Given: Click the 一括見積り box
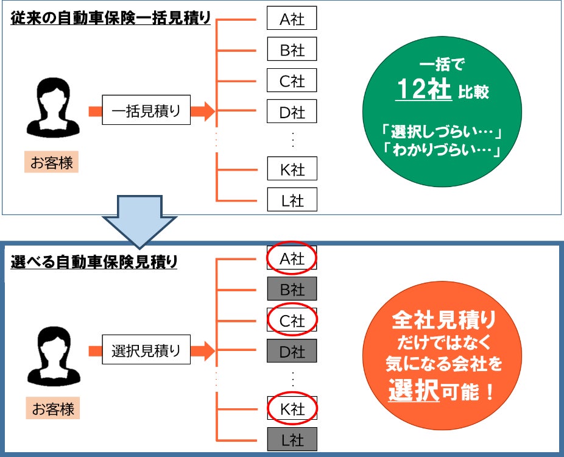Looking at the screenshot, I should point(146,111).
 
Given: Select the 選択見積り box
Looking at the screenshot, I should point(146,350).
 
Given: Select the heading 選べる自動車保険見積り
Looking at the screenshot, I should point(94,263).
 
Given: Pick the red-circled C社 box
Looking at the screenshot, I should point(292,320).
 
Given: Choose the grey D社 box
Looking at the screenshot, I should point(292,351).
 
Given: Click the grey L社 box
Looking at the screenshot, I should point(292,438).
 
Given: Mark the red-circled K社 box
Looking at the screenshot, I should point(292,408).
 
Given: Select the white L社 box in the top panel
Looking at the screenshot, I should point(292,200).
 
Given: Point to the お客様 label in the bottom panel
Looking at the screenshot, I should point(52,408).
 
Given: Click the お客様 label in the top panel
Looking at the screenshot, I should point(52,163).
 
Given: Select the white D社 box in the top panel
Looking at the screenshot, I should point(292,112).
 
